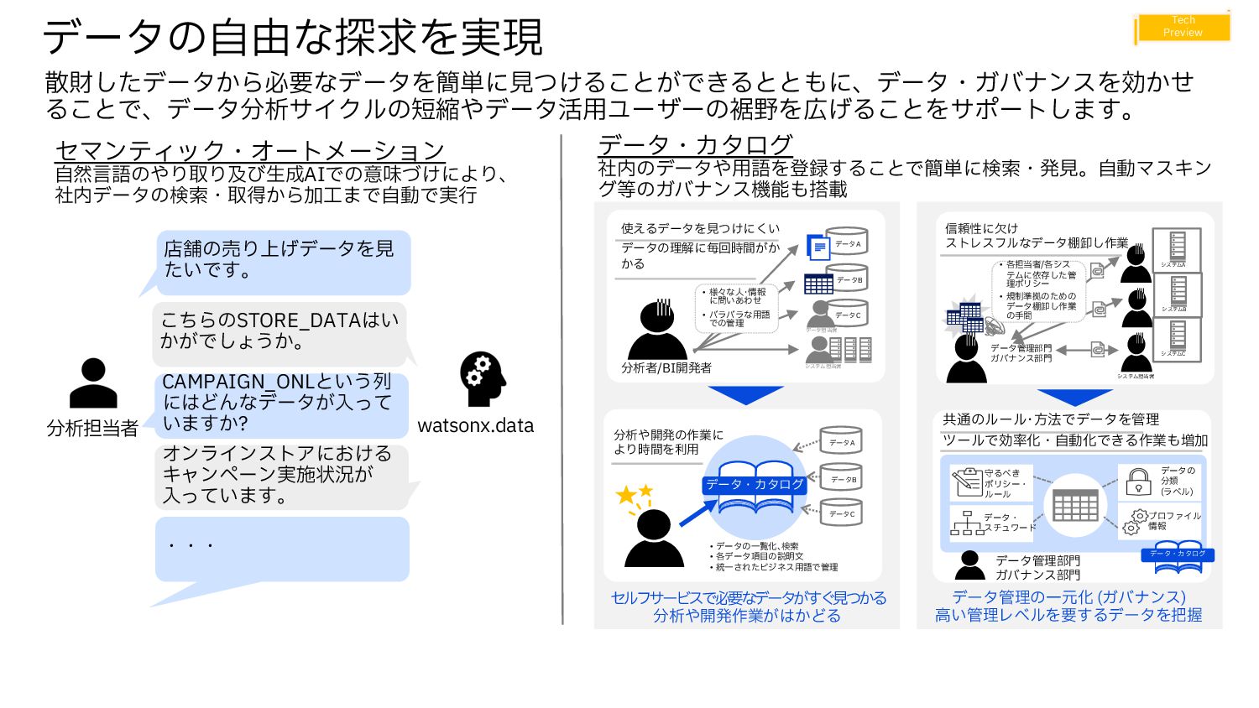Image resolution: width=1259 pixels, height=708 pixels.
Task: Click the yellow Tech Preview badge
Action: click(x=1183, y=27)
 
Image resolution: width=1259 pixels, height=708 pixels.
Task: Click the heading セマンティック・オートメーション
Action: click(x=249, y=150)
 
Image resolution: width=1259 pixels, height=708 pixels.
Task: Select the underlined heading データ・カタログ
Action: click(x=695, y=145)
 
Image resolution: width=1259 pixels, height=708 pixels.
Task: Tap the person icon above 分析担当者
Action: click(x=93, y=383)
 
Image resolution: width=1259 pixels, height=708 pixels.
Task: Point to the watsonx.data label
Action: click(x=475, y=425)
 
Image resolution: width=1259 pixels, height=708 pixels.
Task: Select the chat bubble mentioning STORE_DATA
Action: click(x=279, y=331)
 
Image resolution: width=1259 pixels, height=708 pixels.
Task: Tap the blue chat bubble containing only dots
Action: click(x=281, y=549)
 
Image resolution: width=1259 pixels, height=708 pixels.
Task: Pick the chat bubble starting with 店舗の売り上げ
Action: click(x=281, y=260)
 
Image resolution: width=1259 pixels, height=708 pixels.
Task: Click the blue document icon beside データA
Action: click(x=818, y=247)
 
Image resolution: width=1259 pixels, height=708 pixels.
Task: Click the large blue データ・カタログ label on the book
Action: click(x=755, y=484)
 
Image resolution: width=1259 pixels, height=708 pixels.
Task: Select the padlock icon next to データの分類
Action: click(x=1138, y=482)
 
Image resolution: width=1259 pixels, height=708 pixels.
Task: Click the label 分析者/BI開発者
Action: click(x=666, y=367)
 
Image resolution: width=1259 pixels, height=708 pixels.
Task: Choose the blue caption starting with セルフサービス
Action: click(x=748, y=606)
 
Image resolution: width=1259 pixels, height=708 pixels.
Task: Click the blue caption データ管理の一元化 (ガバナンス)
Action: click(x=1068, y=597)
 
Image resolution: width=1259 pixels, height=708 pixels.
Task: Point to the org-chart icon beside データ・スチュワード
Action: click(x=967, y=523)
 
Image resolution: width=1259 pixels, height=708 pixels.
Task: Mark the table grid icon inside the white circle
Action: click(x=1075, y=506)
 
